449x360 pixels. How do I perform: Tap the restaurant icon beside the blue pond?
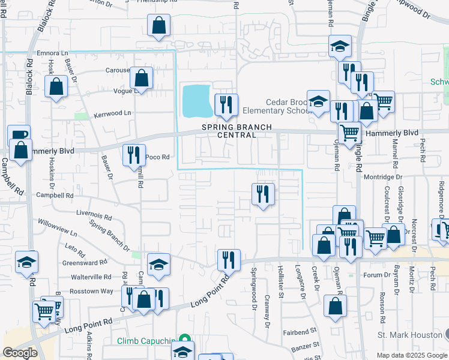click(x=226, y=104)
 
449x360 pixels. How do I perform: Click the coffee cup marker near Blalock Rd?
click(x=19, y=135)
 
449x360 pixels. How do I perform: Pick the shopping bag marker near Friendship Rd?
click(x=158, y=26)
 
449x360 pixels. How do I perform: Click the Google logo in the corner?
click(x=20, y=353)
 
